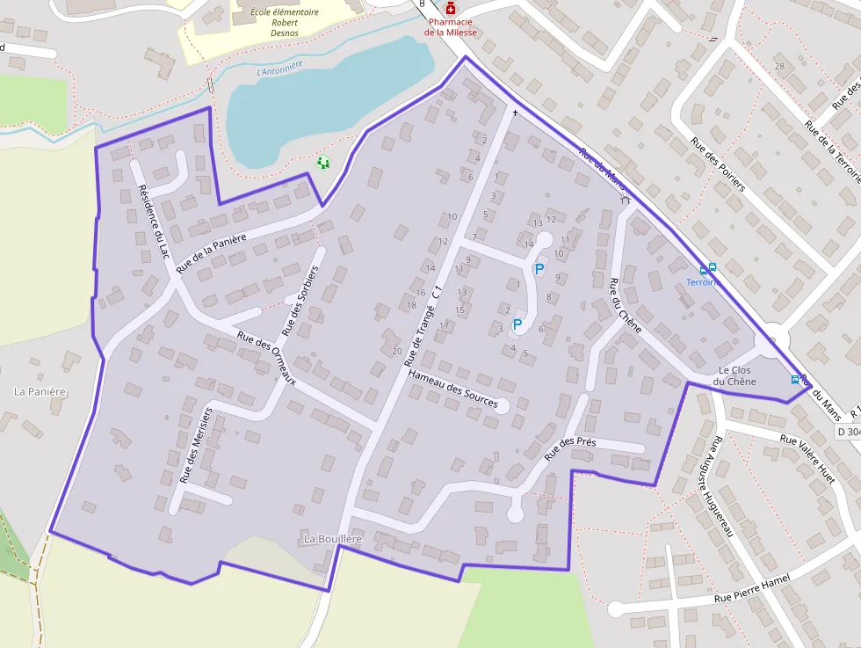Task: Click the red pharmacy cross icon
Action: (x=451, y=8)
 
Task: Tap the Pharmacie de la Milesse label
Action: (x=451, y=27)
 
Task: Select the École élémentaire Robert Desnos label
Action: (x=285, y=23)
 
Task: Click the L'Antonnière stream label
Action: (x=279, y=68)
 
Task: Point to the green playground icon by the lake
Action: (x=323, y=163)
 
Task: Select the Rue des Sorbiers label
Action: (x=299, y=301)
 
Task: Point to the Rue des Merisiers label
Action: (x=195, y=445)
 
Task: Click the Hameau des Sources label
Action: (x=453, y=389)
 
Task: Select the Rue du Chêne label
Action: (x=626, y=305)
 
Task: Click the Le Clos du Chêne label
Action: (x=735, y=375)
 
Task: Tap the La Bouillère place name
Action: (x=333, y=537)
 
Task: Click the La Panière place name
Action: (x=41, y=391)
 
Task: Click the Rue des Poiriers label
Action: (x=718, y=164)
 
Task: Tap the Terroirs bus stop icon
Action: (x=707, y=268)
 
